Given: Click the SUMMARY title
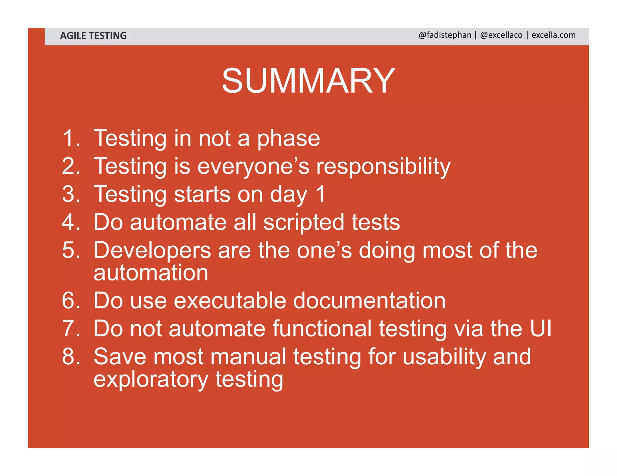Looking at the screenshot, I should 308,81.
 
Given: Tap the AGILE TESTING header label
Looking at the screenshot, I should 93,36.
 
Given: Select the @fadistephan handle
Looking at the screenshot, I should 445,35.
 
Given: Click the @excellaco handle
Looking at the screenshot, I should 501,35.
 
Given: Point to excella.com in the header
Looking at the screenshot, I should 553,35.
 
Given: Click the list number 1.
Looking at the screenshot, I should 71,138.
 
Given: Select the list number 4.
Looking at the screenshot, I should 71,222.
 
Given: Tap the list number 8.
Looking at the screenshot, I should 71,357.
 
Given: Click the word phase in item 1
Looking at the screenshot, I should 288,139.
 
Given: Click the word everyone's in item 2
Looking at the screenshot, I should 253,167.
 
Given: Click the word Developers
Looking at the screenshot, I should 152,251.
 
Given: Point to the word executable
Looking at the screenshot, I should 230,301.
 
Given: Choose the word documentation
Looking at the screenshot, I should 369,301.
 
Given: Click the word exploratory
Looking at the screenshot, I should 151,380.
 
